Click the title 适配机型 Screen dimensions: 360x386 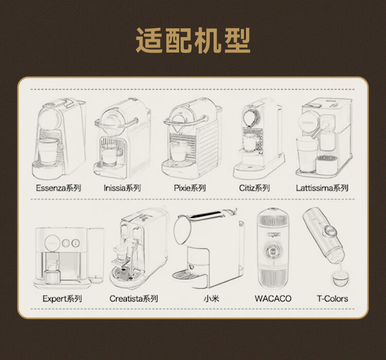[193, 41]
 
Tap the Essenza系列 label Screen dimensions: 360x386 [58, 188]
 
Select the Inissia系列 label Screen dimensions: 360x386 [122, 188]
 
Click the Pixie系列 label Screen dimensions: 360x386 [189, 188]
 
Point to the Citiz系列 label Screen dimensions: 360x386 [254, 188]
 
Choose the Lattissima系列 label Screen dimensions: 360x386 [322, 188]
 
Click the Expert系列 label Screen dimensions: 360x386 [62, 299]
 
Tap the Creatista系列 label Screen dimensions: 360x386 [133, 299]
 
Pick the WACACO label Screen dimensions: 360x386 [273, 299]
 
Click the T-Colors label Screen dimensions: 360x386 [332, 299]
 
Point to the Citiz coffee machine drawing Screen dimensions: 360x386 [257, 136]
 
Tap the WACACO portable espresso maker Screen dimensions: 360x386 [273, 250]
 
